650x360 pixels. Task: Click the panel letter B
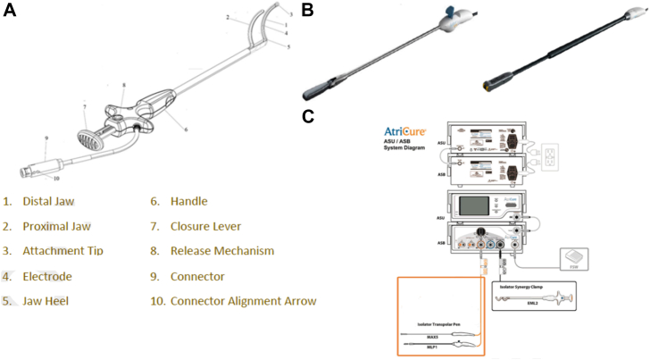pos(306,11)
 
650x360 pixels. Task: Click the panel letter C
pos(307,115)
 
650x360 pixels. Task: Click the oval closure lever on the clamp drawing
pos(88,141)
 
